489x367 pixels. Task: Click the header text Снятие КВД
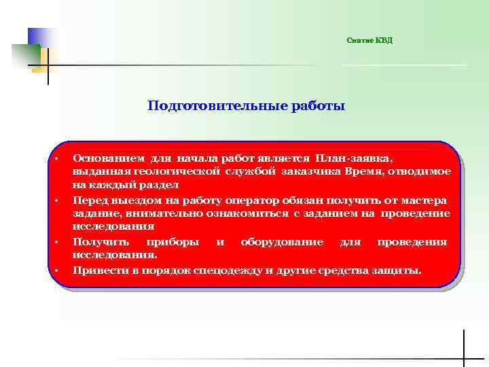point(369,41)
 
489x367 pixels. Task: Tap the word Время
point(369,171)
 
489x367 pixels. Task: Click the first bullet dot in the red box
point(58,158)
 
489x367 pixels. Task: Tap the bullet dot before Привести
point(58,271)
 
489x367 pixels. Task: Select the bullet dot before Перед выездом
point(58,201)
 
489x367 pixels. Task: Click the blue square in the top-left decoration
point(39,37)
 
